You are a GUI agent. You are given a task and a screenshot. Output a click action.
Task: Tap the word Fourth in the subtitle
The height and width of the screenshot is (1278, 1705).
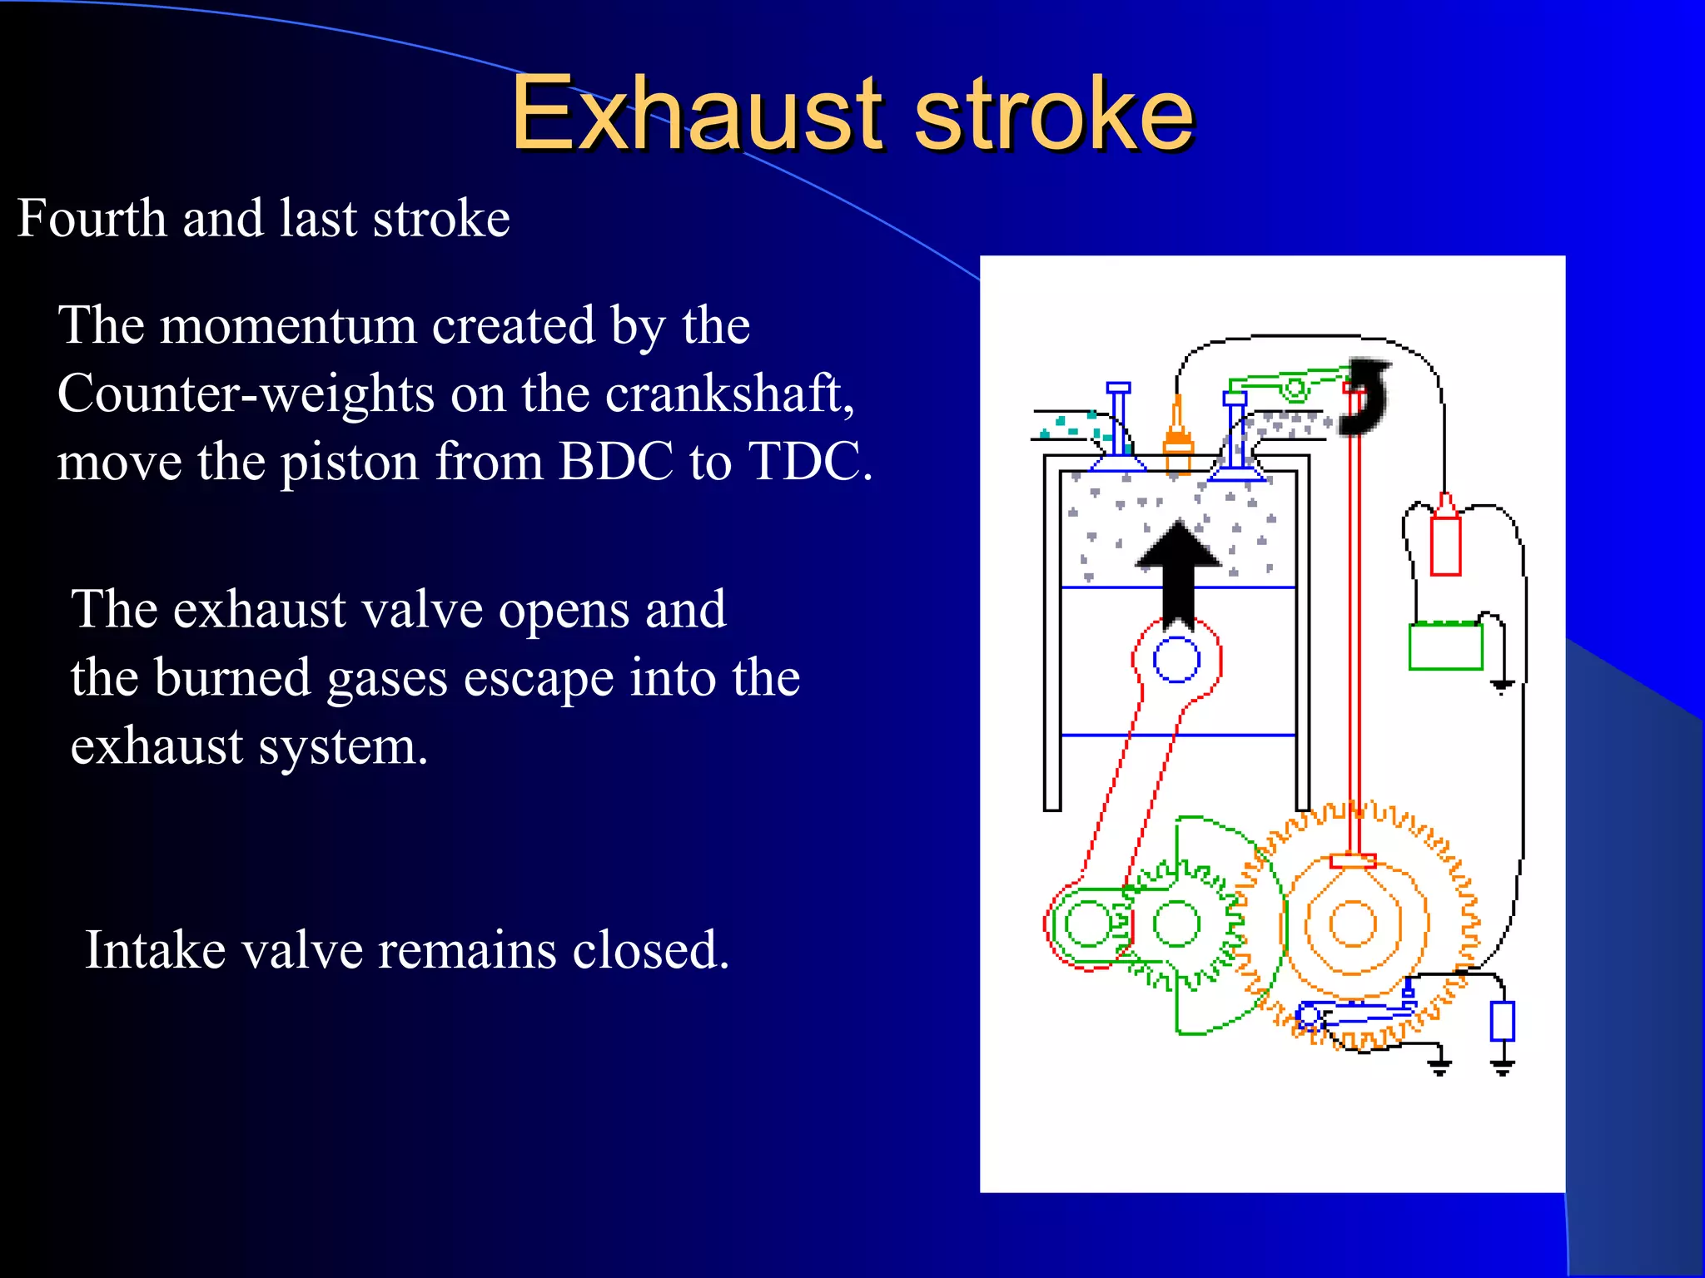click(x=92, y=218)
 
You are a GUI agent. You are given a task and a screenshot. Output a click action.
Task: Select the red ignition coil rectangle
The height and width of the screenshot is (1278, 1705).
click(x=1446, y=545)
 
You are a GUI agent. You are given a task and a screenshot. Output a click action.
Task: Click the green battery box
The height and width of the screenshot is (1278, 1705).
click(x=1446, y=646)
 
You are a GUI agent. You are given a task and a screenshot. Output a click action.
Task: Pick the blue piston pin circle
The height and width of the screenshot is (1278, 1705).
click(x=1176, y=660)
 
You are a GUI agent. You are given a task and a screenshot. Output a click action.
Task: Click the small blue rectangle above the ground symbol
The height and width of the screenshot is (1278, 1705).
click(x=1502, y=1021)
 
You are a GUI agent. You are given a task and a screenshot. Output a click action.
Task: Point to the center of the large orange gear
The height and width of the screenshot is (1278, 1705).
click(x=1353, y=924)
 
